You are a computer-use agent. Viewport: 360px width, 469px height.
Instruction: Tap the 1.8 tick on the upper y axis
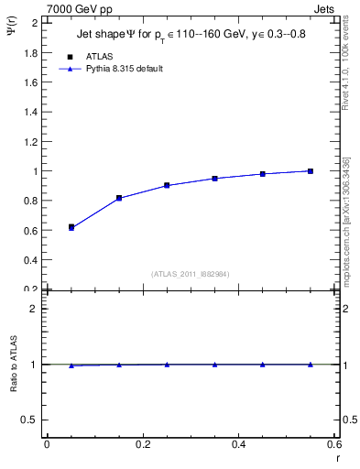[x=32, y=52]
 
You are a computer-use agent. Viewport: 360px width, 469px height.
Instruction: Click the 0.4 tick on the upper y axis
[x=32, y=259]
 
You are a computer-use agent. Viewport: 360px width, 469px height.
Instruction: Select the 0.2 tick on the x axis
[x=142, y=446]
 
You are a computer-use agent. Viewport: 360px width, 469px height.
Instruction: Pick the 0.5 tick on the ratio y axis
[x=32, y=420]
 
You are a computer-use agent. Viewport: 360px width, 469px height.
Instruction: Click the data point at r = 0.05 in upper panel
[x=71, y=226]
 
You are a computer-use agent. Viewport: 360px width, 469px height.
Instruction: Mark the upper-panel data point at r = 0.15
[x=119, y=198]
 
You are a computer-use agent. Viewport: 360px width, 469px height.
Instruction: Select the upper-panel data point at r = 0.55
[x=311, y=170]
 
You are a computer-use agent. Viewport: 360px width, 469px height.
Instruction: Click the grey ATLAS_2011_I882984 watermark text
[x=191, y=274]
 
